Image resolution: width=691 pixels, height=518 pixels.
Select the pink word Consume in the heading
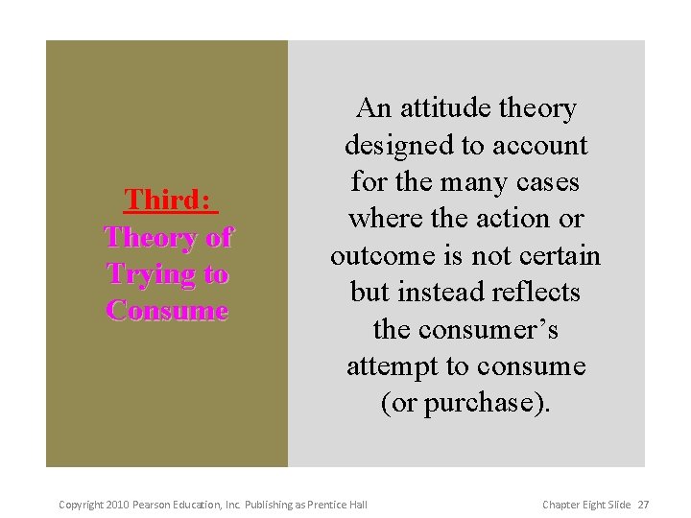[168, 311]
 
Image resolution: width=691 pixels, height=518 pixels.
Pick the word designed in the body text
[401, 146]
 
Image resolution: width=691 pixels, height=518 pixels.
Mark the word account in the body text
[540, 146]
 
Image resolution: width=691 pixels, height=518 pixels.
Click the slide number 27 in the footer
[644, 505]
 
